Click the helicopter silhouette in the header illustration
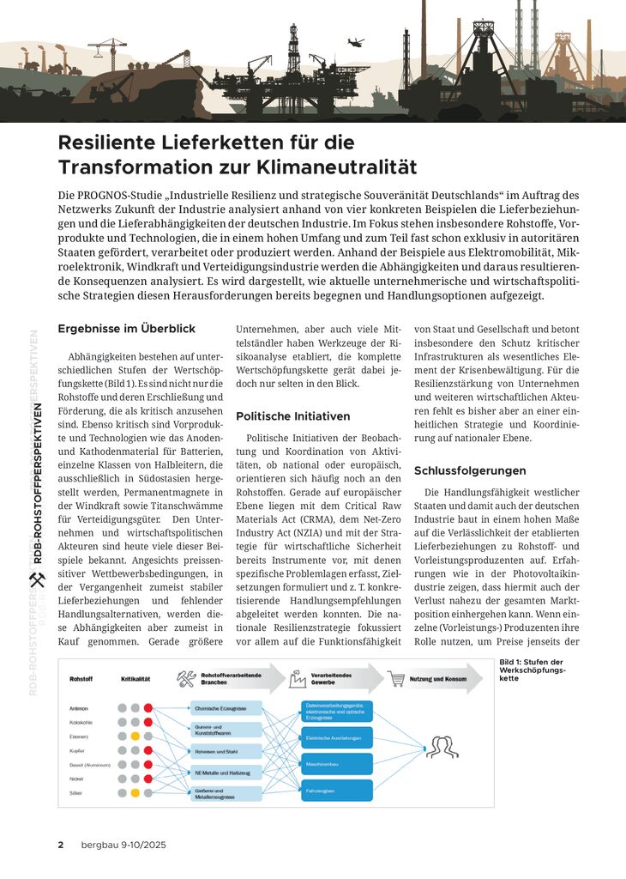pyautogui.click(x=356, y=41)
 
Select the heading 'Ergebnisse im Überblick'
pyautogui.click(x=127, y=328)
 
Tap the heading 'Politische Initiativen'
pyautogui.click(x=292, y=416)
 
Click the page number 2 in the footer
pyautogui.click(x=61, y=845)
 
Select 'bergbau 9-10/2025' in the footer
pyautogui.click(x=123, y=845)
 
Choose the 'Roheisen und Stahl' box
pyautogui.click(x=226, y=750)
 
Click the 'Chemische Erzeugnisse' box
pyautogui.click(x=226, y=708)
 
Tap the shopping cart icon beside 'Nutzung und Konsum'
pyautogui.click(x=397, y=679)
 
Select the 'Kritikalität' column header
pyautogui.click(x=135, y=679)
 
